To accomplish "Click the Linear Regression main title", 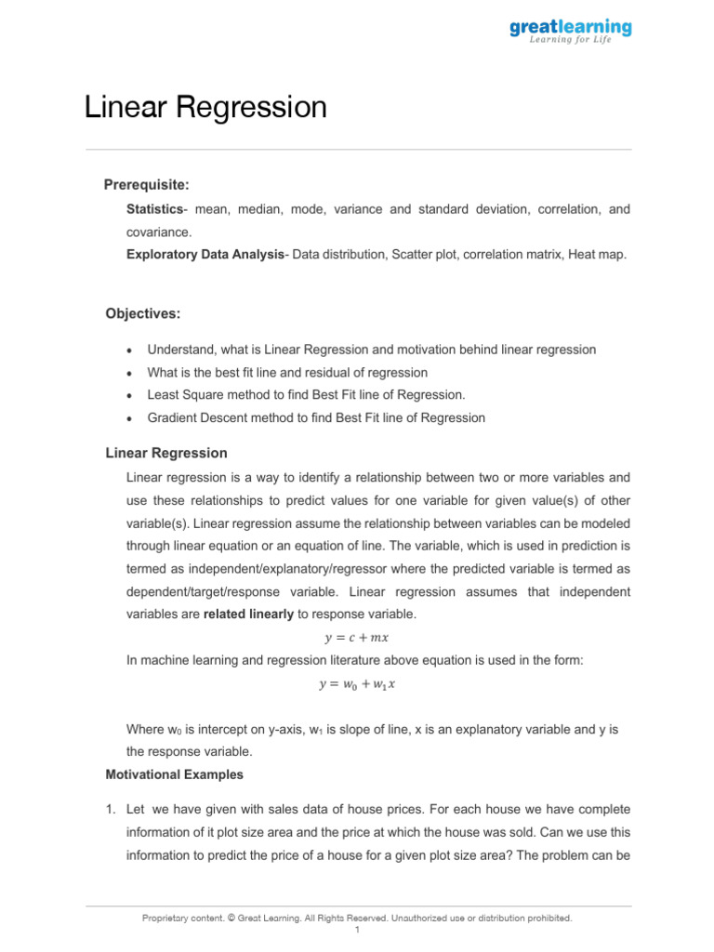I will click(x=205, y=108).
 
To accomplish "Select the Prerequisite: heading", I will click(x=146, y=185).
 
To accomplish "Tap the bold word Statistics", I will click(x=154, y=210).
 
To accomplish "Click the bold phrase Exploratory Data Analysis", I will click(x=205, y=254).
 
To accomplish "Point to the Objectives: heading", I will click(x=143, y=314).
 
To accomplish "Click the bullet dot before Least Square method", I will click(x=127, y=396).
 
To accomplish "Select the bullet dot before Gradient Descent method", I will click(x=127, y=419).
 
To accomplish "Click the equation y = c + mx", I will click(x=356, y=638).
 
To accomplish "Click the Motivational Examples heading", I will click(x=175, y=774).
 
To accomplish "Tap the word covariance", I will click(x=158, y=232).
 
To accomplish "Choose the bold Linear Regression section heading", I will click(x=166, y=454).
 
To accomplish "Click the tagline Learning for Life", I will click(x=571, y=41).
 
